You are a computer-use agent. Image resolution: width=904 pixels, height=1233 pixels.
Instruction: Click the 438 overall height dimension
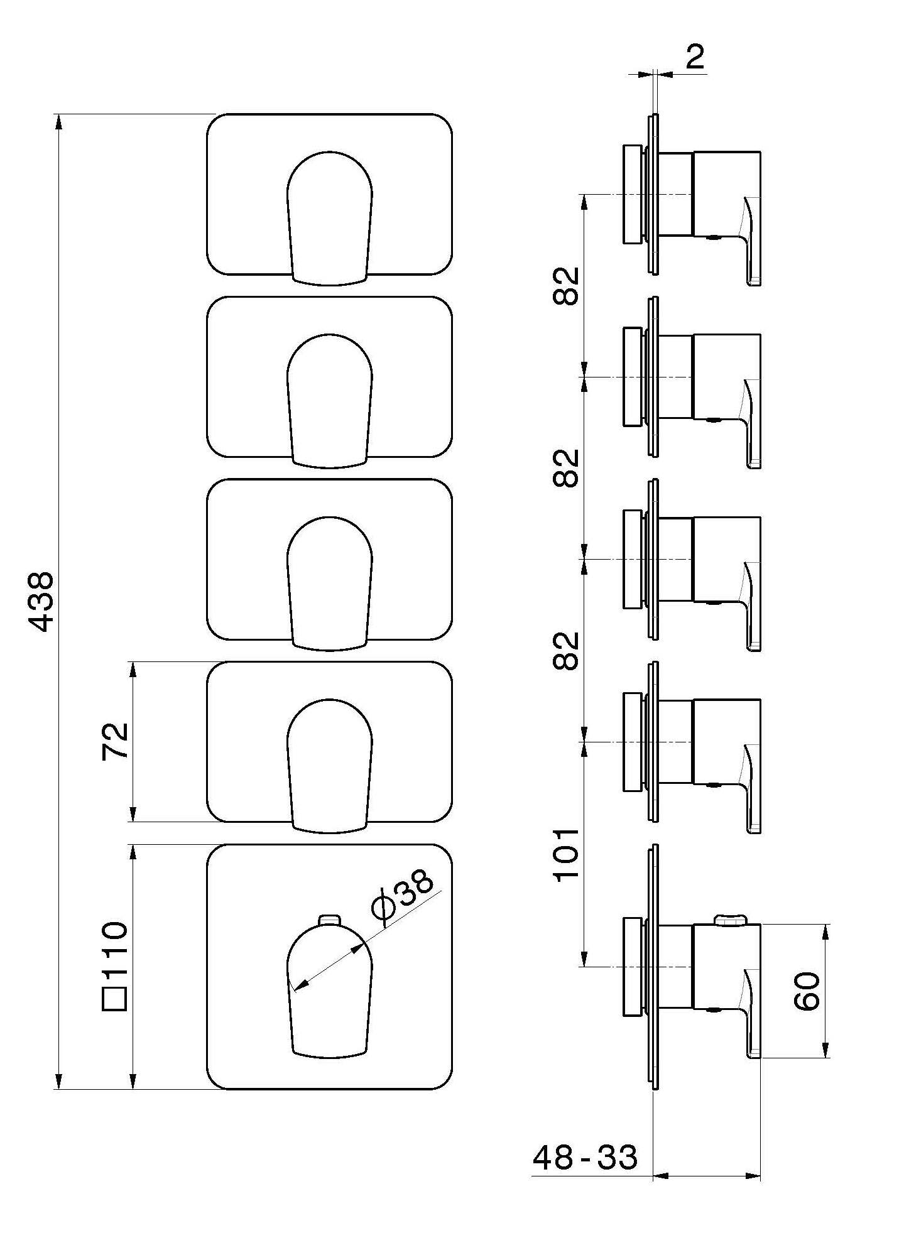coord(43,602)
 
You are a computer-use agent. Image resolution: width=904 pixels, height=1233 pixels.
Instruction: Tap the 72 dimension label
coord(116,741)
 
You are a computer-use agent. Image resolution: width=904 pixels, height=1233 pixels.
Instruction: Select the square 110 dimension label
coord(116,967)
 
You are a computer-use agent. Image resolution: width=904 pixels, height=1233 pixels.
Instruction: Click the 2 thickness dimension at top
coord(695,58)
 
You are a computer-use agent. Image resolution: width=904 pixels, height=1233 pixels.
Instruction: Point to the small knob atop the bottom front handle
coord(329,920)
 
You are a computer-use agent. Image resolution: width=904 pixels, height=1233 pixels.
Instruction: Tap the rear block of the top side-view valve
coord(631,195)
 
